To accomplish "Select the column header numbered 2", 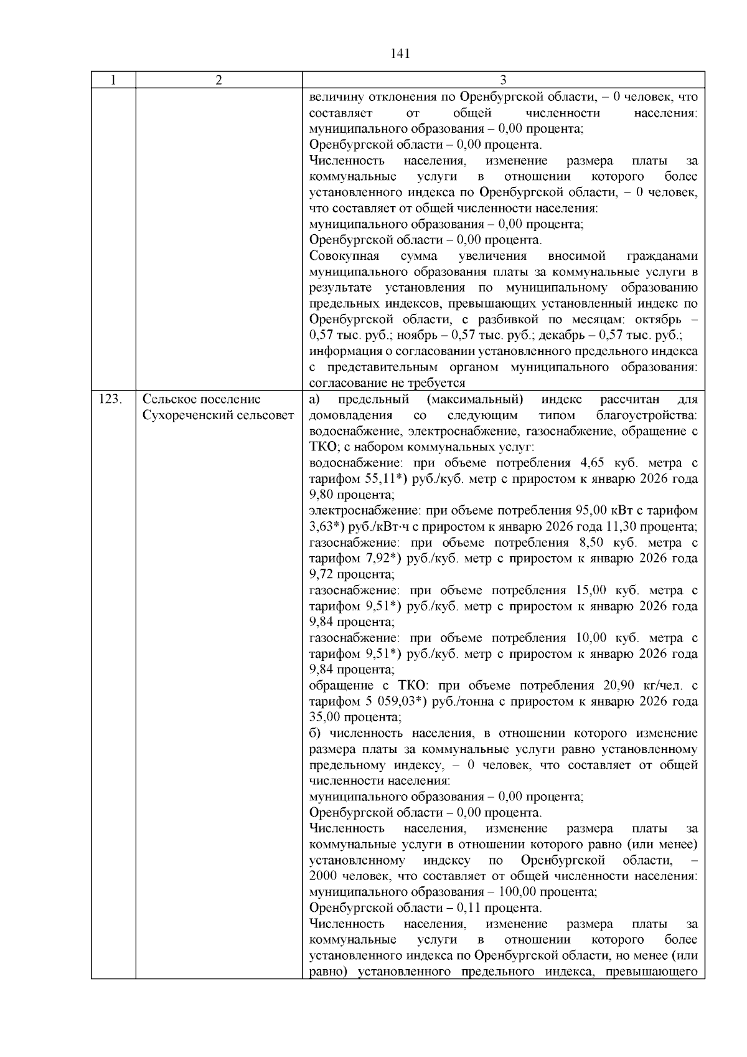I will click(x=218, y=80).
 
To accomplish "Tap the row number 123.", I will click(x=110, y=399).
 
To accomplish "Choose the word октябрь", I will click(x=657, y=320).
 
